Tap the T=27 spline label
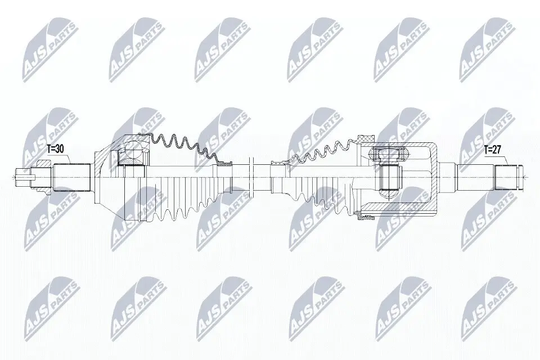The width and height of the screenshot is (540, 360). [493, 151]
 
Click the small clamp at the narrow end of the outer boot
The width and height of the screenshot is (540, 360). [227, 163]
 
